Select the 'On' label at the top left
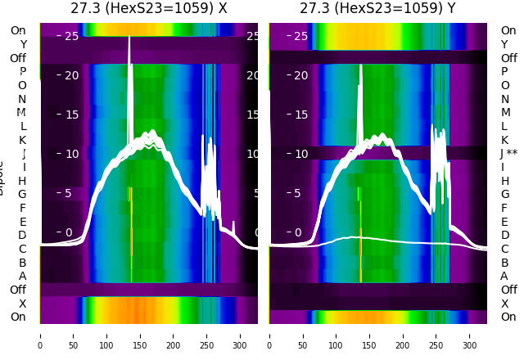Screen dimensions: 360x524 click(18, 30)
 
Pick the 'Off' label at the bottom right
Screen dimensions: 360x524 click(508, 290)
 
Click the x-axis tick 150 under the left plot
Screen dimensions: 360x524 click(140, 335)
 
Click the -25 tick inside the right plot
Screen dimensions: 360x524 click(299, 36)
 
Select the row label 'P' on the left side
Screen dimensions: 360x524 click(22, 71)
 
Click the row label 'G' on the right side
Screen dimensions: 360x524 click(504, 194)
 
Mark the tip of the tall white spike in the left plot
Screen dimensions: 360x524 click(129, 36)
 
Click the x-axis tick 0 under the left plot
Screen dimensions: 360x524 click(40, 335)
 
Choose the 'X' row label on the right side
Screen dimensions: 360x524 click(504, 304)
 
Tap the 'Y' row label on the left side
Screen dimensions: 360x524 click(23, 44)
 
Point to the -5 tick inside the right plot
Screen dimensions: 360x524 click(301, 193)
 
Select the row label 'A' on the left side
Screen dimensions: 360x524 click(22, 276)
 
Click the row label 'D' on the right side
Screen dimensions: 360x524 click(504, 235)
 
